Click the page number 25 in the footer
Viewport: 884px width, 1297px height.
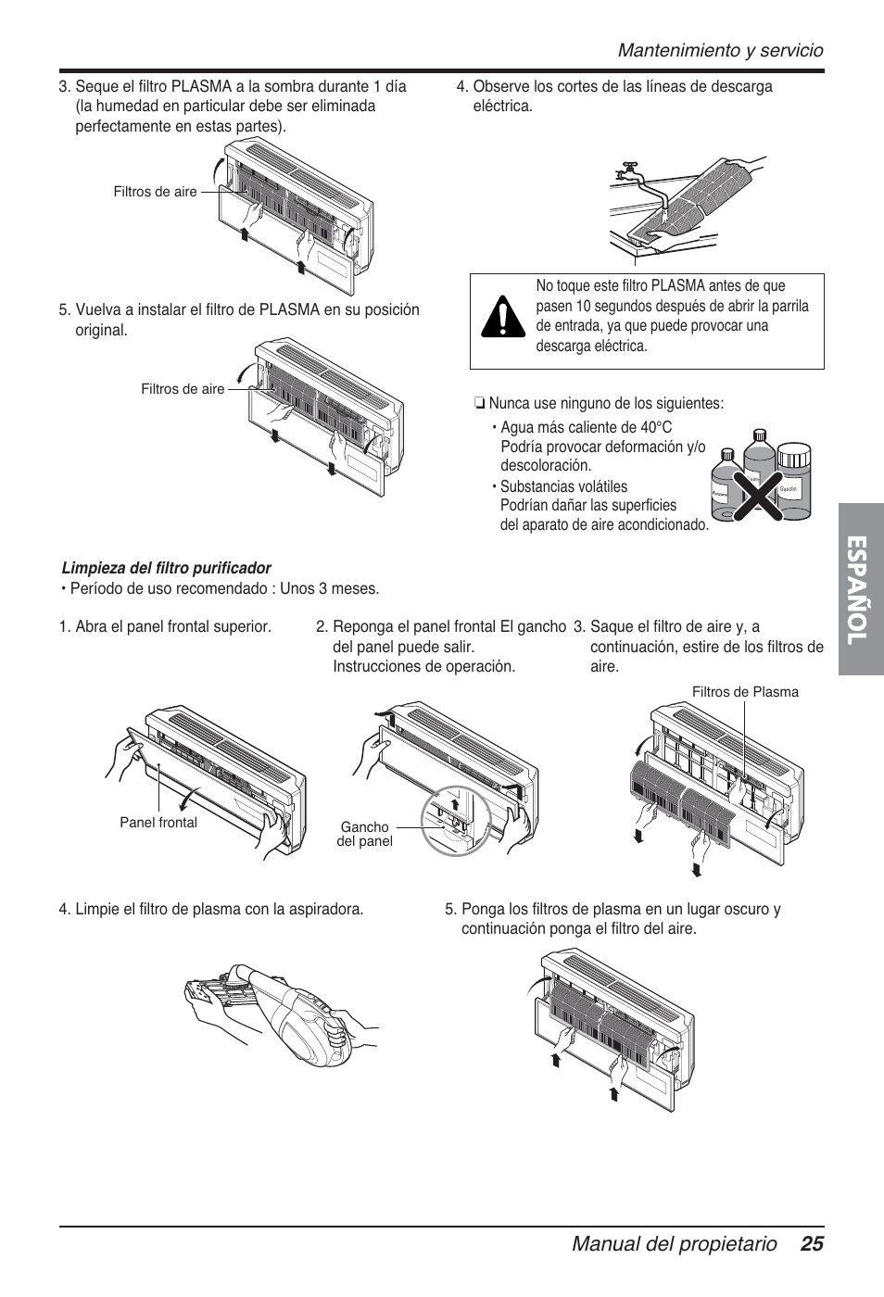click(x=812, y=1244)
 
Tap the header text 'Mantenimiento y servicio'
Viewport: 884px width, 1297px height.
click(x=721, y=50)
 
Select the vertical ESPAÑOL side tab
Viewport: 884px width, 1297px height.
click(x=860, y=588)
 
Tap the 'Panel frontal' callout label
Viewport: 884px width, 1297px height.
click(x=158, y=822)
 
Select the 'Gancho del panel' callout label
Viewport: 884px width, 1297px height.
click(x=364, y=834)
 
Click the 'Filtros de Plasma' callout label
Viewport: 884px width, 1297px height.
click(x=745, y=692)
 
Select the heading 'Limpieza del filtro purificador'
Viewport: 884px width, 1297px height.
click(x=166, y=568)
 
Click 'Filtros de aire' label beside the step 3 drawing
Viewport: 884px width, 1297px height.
click(x=155, y=192)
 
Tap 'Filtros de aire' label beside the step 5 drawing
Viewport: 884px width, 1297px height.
click(x=183, y=389)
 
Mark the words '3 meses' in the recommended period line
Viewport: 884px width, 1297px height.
click(x=352, y=588)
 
